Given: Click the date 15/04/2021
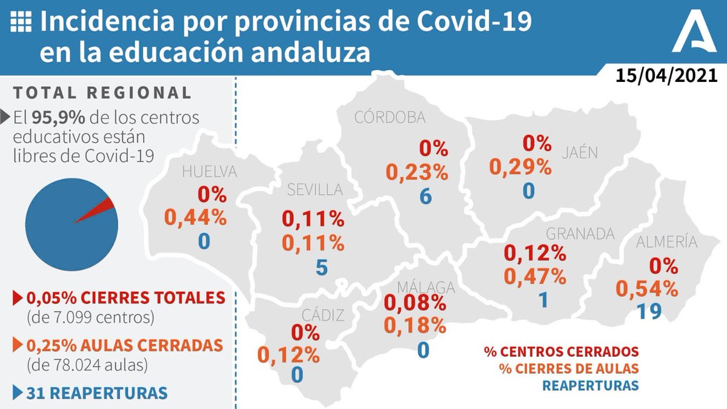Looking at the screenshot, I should pos(666,76).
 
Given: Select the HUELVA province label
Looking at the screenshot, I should pos(210,172).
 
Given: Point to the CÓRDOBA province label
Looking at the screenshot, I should pos(390,117).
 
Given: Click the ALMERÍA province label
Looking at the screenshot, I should pos(666,242).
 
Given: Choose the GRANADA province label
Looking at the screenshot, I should pos(580,234).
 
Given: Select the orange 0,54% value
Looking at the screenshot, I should pos(648,288).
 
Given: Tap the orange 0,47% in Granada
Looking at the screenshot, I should pos(536,277).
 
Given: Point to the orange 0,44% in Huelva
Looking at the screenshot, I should pos(204,217).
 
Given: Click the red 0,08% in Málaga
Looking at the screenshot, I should pos(416,301).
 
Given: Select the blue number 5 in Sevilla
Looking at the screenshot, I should pos(321,267).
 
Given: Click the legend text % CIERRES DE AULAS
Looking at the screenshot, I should pos(568,368).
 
